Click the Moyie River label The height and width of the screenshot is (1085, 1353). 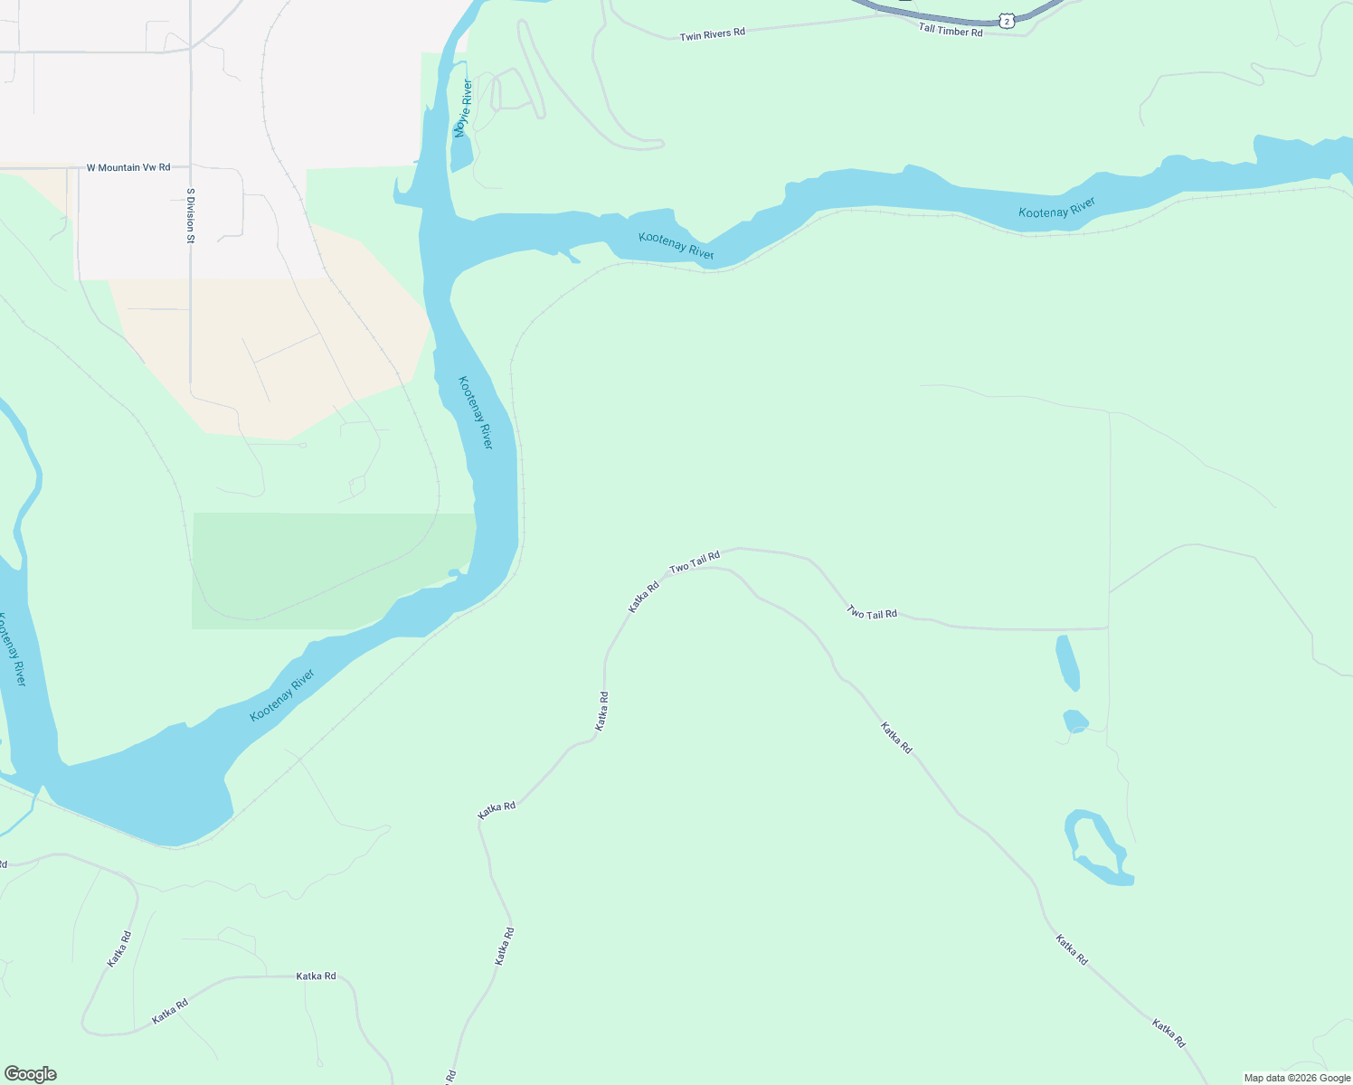[463, 108]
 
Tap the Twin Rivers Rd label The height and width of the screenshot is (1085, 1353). [713, 33]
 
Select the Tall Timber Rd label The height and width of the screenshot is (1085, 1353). [950, 30]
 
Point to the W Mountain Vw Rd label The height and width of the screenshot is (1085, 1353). [128, 167]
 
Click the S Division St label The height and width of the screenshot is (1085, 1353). [191, 215]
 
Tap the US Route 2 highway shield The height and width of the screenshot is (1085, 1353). [1007, 20]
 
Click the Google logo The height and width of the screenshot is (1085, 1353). [30, 1074]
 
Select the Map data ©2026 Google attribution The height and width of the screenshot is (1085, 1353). [1297, 1078]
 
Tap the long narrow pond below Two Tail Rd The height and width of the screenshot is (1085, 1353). [1067, 662]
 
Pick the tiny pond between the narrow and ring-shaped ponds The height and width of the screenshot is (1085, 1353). [1074, 721]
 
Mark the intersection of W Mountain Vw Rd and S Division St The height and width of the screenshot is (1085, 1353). [190, 167]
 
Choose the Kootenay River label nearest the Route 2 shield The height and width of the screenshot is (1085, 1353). [1056, 208]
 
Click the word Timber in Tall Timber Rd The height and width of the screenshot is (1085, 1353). [952, 30]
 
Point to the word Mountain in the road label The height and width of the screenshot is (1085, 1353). [120, 167]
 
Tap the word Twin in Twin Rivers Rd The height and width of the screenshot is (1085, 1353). [690, 36]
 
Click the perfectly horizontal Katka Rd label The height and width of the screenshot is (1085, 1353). [316, 976]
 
